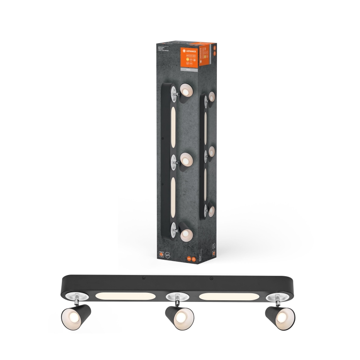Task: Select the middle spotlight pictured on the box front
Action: pos(185,159)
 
